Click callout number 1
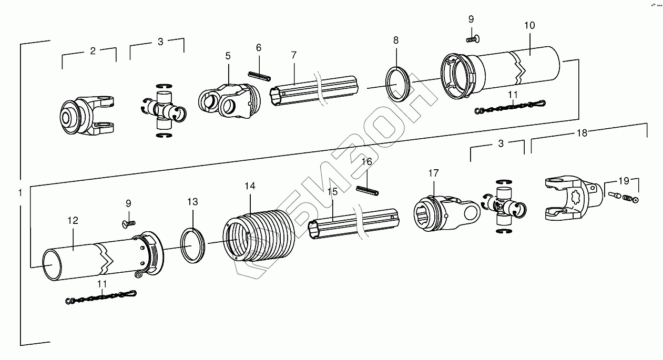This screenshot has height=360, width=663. click(19, 193)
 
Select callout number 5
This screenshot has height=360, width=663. click(228, 56)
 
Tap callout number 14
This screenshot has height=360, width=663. click(250, 187)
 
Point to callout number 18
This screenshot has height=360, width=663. click(582, 133)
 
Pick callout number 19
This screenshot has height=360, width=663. click(624, 181)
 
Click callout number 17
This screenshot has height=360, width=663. click(433, 173)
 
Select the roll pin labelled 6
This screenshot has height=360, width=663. click(259, 77)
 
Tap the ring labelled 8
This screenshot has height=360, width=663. click(399, 84)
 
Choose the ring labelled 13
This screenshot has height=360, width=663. click(193, 244)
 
